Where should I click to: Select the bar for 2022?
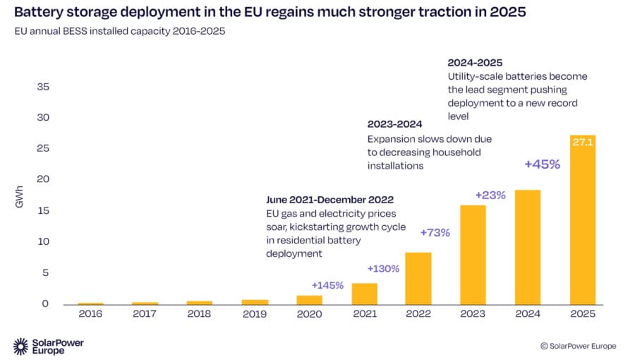click(418, 278)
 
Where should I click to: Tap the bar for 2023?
click(473, 255)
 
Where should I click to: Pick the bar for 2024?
click(528, 247)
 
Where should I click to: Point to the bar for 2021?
click(364, 294)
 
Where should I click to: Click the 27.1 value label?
click(583, 142)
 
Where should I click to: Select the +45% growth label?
click(541, 164)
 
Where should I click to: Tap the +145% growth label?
click(327, 285)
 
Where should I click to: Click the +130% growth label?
click(383, 268)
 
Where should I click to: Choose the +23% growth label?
click(490, 195)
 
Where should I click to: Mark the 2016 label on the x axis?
click(90, 314)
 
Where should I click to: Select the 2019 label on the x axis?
click(255, 314)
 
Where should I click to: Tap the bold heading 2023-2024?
click(394, 124)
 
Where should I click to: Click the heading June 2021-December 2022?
click(329, 200)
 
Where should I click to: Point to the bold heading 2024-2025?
click(474, 62)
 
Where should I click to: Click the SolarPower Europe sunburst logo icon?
click(20, 346)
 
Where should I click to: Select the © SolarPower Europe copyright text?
click(578, 346)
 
